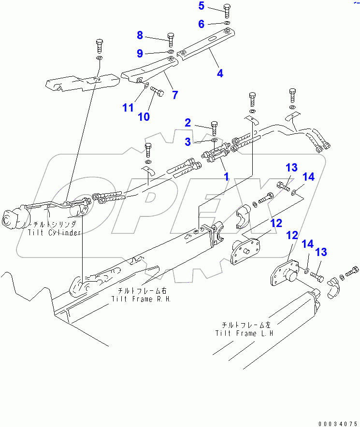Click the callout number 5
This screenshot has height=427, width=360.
pyautogui.click(x=202, y=6)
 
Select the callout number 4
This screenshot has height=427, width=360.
pyautogui.click(x=220, y=73)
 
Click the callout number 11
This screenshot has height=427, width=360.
pyautogui.click(x=128, y=108)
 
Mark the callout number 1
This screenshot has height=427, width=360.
pyautogui.click(x=225, y=176)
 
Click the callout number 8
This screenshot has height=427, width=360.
pyautogui.click(x=140, y=35)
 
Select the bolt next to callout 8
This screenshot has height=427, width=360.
pyautogui.click(x=170, y=38)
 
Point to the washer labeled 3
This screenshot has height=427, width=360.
pyautogui.click(x=214, y=141)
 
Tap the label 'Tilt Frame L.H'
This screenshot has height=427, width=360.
pyautogui.click(x=245, y=333)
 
